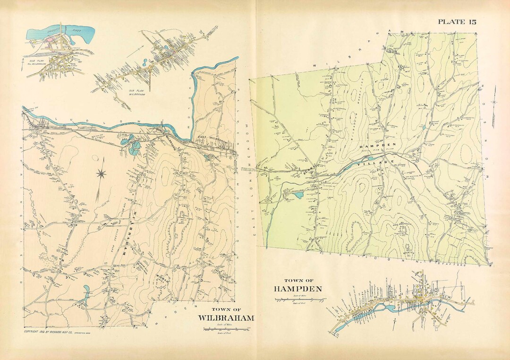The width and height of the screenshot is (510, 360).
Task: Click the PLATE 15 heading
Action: point(457,21)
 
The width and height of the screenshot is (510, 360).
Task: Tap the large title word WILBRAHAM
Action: point(226,317)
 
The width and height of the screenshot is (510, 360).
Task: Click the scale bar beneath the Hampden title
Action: point(300,299)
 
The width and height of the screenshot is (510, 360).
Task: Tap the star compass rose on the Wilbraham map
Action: point(101,174)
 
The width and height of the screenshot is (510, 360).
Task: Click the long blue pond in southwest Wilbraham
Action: point(86,291)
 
